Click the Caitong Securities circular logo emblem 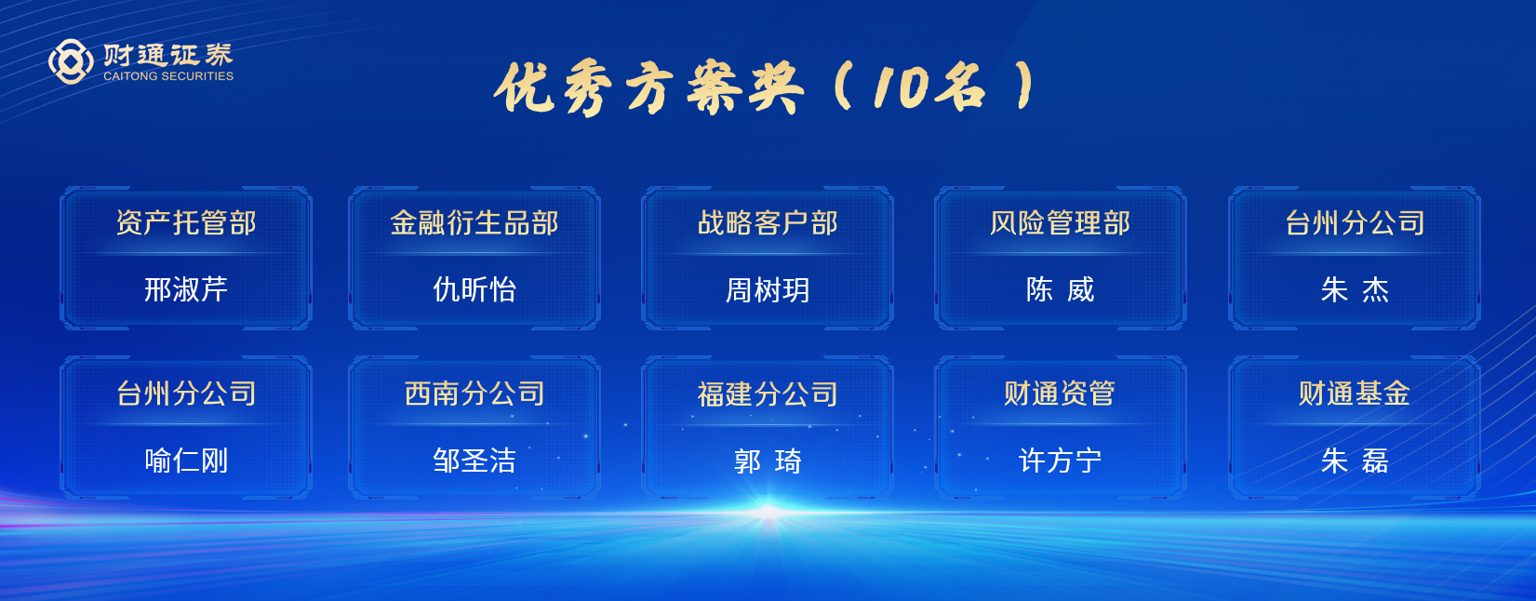pyautogui.click(x=71, y=61)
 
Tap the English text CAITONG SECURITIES pyautogui.click(x=168, y=76)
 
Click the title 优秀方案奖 pyautogui.click(x=648, y=88)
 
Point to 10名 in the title pyautogui.click(x=929, y=87)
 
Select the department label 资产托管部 pyautogui.click(x=186, y=223)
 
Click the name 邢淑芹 pyautogui.click(x=186, y=289)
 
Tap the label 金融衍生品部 pyautogui.click(x=474, y=223)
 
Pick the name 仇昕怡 pyautogui.click(x=474, y=289)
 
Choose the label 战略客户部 pyautogui.click(x=768, y=223)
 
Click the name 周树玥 pyautogui.click(x=768, y=289)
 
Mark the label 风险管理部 pyautogui.click(x=1060, y=223)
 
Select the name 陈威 pyautogui.click(x=1060, y=289)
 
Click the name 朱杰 pyautogui.click(x=1355, y=289)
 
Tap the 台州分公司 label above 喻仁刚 pyautogui.click(x=186, y=394)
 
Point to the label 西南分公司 pyautogui.click(x=474, y=394)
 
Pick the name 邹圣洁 pyautogui.click(x=474, y=461)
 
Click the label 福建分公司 pyautogui.click(x=768, y=394)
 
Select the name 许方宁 pyautogui.click(x=1060, y=461)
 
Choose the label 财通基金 pyautogui.click(x=1355, y=394)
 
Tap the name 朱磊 pyautogui.click(x=1355, y=461)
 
